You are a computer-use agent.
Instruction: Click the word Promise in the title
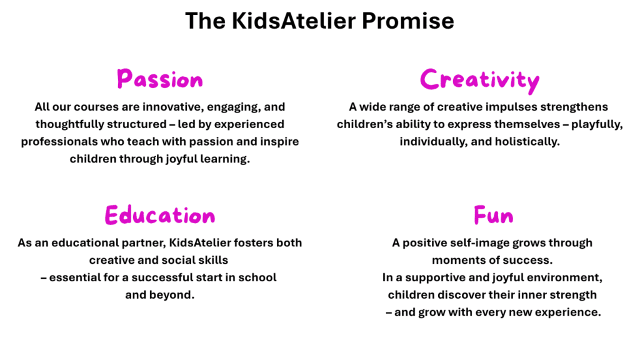(407, 21)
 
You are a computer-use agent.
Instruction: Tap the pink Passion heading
(159, 79)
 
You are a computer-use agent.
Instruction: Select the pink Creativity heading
(479, 81)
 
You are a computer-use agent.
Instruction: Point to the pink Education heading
(159, 215)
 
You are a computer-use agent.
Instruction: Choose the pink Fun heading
(494, 215)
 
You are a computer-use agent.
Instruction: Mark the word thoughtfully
(64, 124)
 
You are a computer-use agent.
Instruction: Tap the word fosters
(254, 243)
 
